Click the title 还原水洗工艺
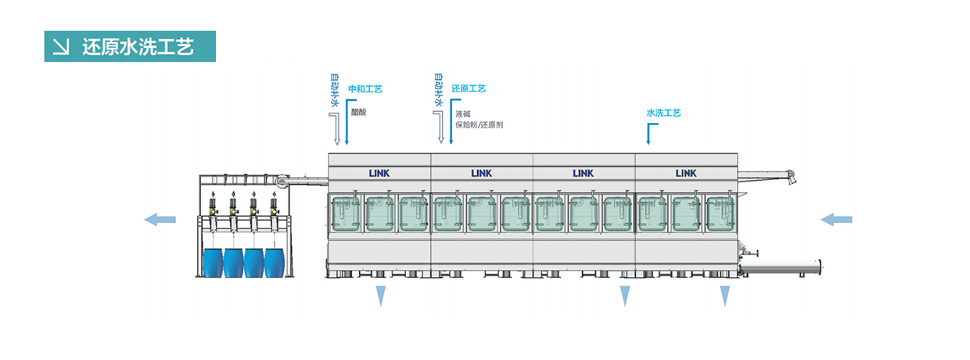tap(138, 46)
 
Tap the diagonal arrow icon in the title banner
tap(61, 46)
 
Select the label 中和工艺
tap(365, 88)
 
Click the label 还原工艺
tap(469, 88)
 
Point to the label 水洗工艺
tap(663, 113)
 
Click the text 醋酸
tap(358, 112)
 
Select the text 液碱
tap(462, 114)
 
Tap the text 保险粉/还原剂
tap(479, 124)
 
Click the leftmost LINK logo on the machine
tap(379, 173)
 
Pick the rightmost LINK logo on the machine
tap(686, 173)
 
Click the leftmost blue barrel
tap(213, 262)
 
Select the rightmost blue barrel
tap(274, 262)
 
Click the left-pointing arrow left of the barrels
tap(160, 220)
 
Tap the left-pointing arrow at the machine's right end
tap(836, 220)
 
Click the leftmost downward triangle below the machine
tap(381, 296)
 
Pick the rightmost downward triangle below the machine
tap(725, 296)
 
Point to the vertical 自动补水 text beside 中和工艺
tap(334, 90)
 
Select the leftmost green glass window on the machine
tap(346, 214)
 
